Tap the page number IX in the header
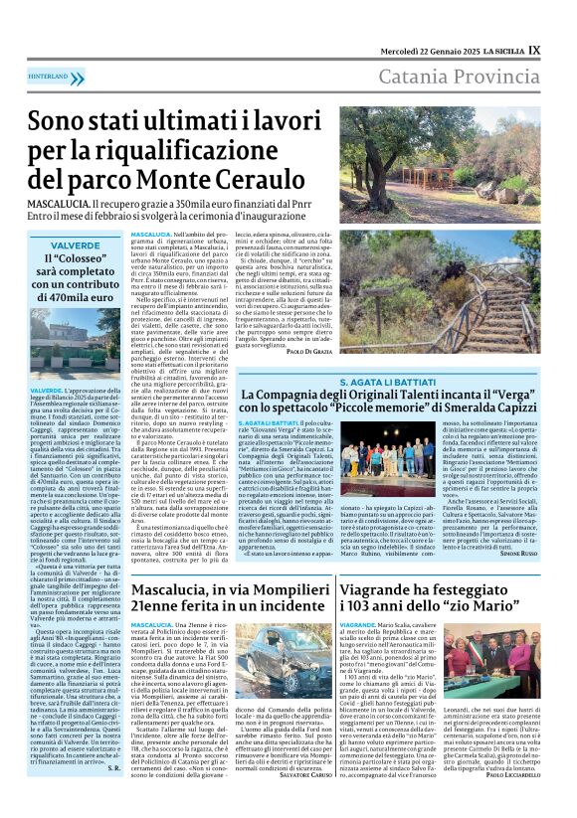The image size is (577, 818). coord(534,49)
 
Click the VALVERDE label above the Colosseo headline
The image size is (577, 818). coord(76,245)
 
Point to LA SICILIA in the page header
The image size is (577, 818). coord(500,51)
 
